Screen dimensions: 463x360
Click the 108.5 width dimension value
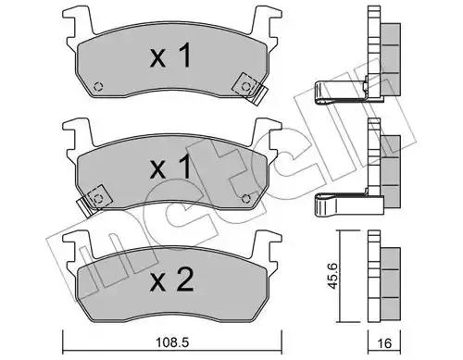point(172,342)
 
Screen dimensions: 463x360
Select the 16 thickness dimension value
point(384,343)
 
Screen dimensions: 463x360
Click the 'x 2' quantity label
point(171,279)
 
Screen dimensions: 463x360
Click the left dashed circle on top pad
point(98,87)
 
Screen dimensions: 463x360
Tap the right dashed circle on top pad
point(246,87)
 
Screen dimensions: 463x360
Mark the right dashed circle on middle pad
point(246,199)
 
